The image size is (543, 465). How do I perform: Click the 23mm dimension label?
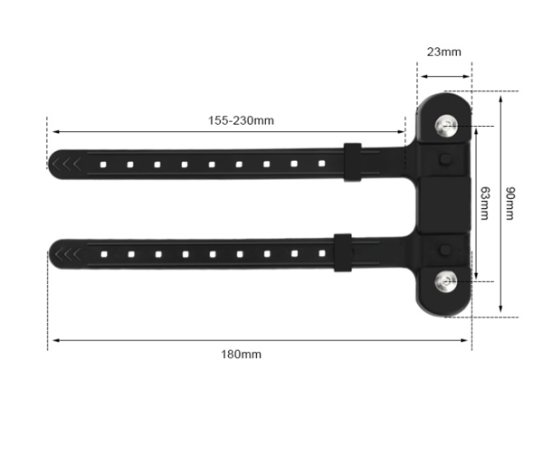pos(443,52)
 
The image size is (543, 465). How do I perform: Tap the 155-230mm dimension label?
pos(241,120)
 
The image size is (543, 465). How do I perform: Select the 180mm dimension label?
pos(241,355)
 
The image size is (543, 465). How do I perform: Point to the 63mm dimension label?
pos(485,204)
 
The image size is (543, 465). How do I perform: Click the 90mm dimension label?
pos(510,204)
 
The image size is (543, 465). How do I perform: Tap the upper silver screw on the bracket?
pos(446,125)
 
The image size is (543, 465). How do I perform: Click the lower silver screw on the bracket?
pos(446,280)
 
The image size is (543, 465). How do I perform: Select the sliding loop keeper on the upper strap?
pos(353,162)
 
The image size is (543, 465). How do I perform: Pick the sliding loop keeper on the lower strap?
pos(343,252)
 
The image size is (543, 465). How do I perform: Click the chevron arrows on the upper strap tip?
pos(66,164)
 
